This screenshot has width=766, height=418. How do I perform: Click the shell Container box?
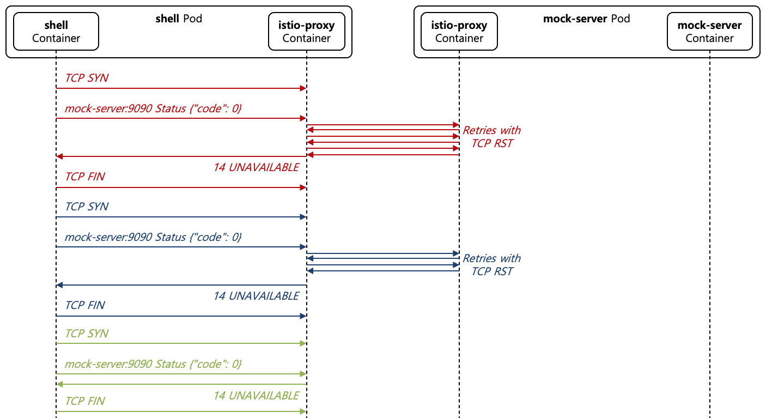point(56,32)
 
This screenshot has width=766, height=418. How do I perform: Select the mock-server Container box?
point(709,32)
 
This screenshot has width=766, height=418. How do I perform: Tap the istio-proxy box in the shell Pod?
point(306,32)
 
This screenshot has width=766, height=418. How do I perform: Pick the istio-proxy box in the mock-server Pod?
point(459,32)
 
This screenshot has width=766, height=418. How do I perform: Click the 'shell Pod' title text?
point(179,19)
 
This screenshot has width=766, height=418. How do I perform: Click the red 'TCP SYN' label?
point(87,78)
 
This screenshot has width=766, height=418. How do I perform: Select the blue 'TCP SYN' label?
point(87,207)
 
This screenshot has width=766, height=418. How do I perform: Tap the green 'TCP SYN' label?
point(87,334)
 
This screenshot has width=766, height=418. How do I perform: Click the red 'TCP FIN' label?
point(85,177)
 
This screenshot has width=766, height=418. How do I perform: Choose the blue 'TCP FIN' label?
point(85,305)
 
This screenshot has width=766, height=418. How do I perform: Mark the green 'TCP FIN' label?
point(85,401)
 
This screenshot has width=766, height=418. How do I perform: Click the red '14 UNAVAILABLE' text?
point(256,167)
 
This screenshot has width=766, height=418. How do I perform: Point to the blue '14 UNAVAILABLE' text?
point(256,296)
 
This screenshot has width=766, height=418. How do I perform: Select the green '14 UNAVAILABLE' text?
point(256,395)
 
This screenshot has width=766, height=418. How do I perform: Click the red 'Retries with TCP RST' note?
point(491,137)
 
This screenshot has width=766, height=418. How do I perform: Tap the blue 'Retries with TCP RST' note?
point(491,265)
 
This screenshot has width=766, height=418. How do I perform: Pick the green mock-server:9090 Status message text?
point(153,364)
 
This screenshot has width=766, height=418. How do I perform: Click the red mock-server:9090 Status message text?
point(153,108)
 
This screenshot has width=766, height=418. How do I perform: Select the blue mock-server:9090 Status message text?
point(153,237)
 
